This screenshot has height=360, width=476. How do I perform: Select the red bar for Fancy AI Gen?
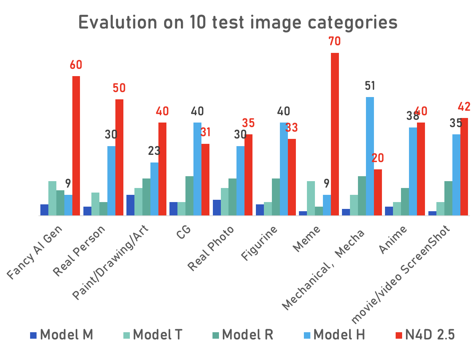76,146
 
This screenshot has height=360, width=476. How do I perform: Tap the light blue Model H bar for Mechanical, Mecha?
370,156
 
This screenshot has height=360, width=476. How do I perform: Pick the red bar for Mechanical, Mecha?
378,192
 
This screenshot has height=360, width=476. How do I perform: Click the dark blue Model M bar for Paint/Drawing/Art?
130,205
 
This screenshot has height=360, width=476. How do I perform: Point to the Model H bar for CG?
197,169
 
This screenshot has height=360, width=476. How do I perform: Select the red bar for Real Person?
119,157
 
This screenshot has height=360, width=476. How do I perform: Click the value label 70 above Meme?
334,41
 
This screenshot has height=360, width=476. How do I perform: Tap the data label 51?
370,86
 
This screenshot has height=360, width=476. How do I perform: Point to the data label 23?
154,151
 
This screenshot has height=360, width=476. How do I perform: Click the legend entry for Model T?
153,335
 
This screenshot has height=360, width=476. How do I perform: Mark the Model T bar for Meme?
311,198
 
